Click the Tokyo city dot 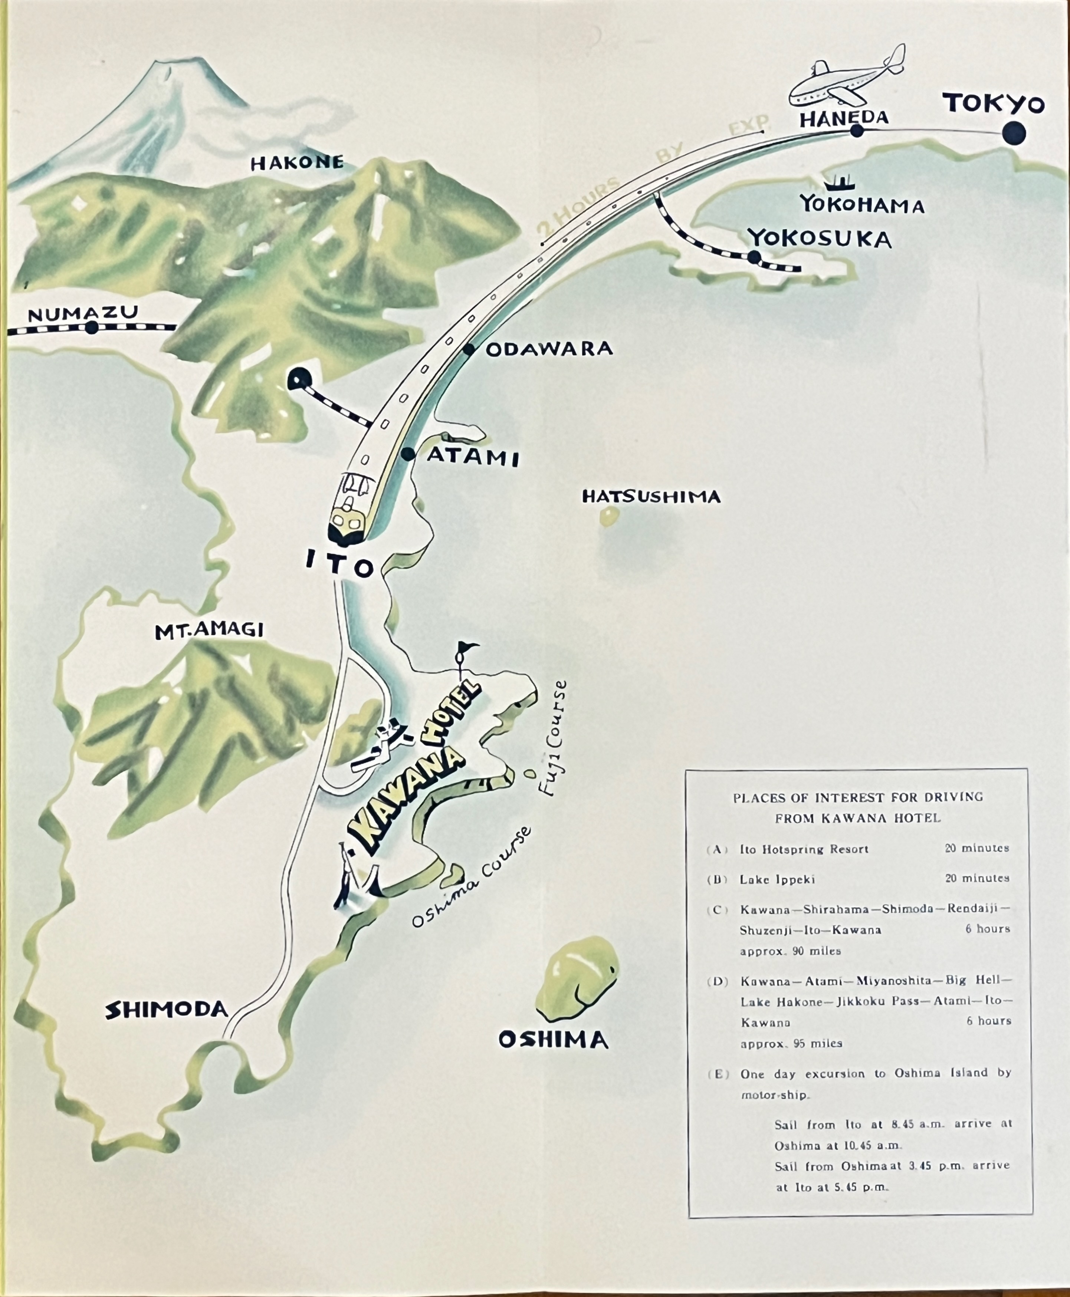pos(1013,134)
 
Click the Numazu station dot pos(92,328)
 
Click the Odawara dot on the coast pos(469,349)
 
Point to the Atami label pos(473,457)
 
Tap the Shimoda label pos(167,1009)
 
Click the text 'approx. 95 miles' pos(791,1044)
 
